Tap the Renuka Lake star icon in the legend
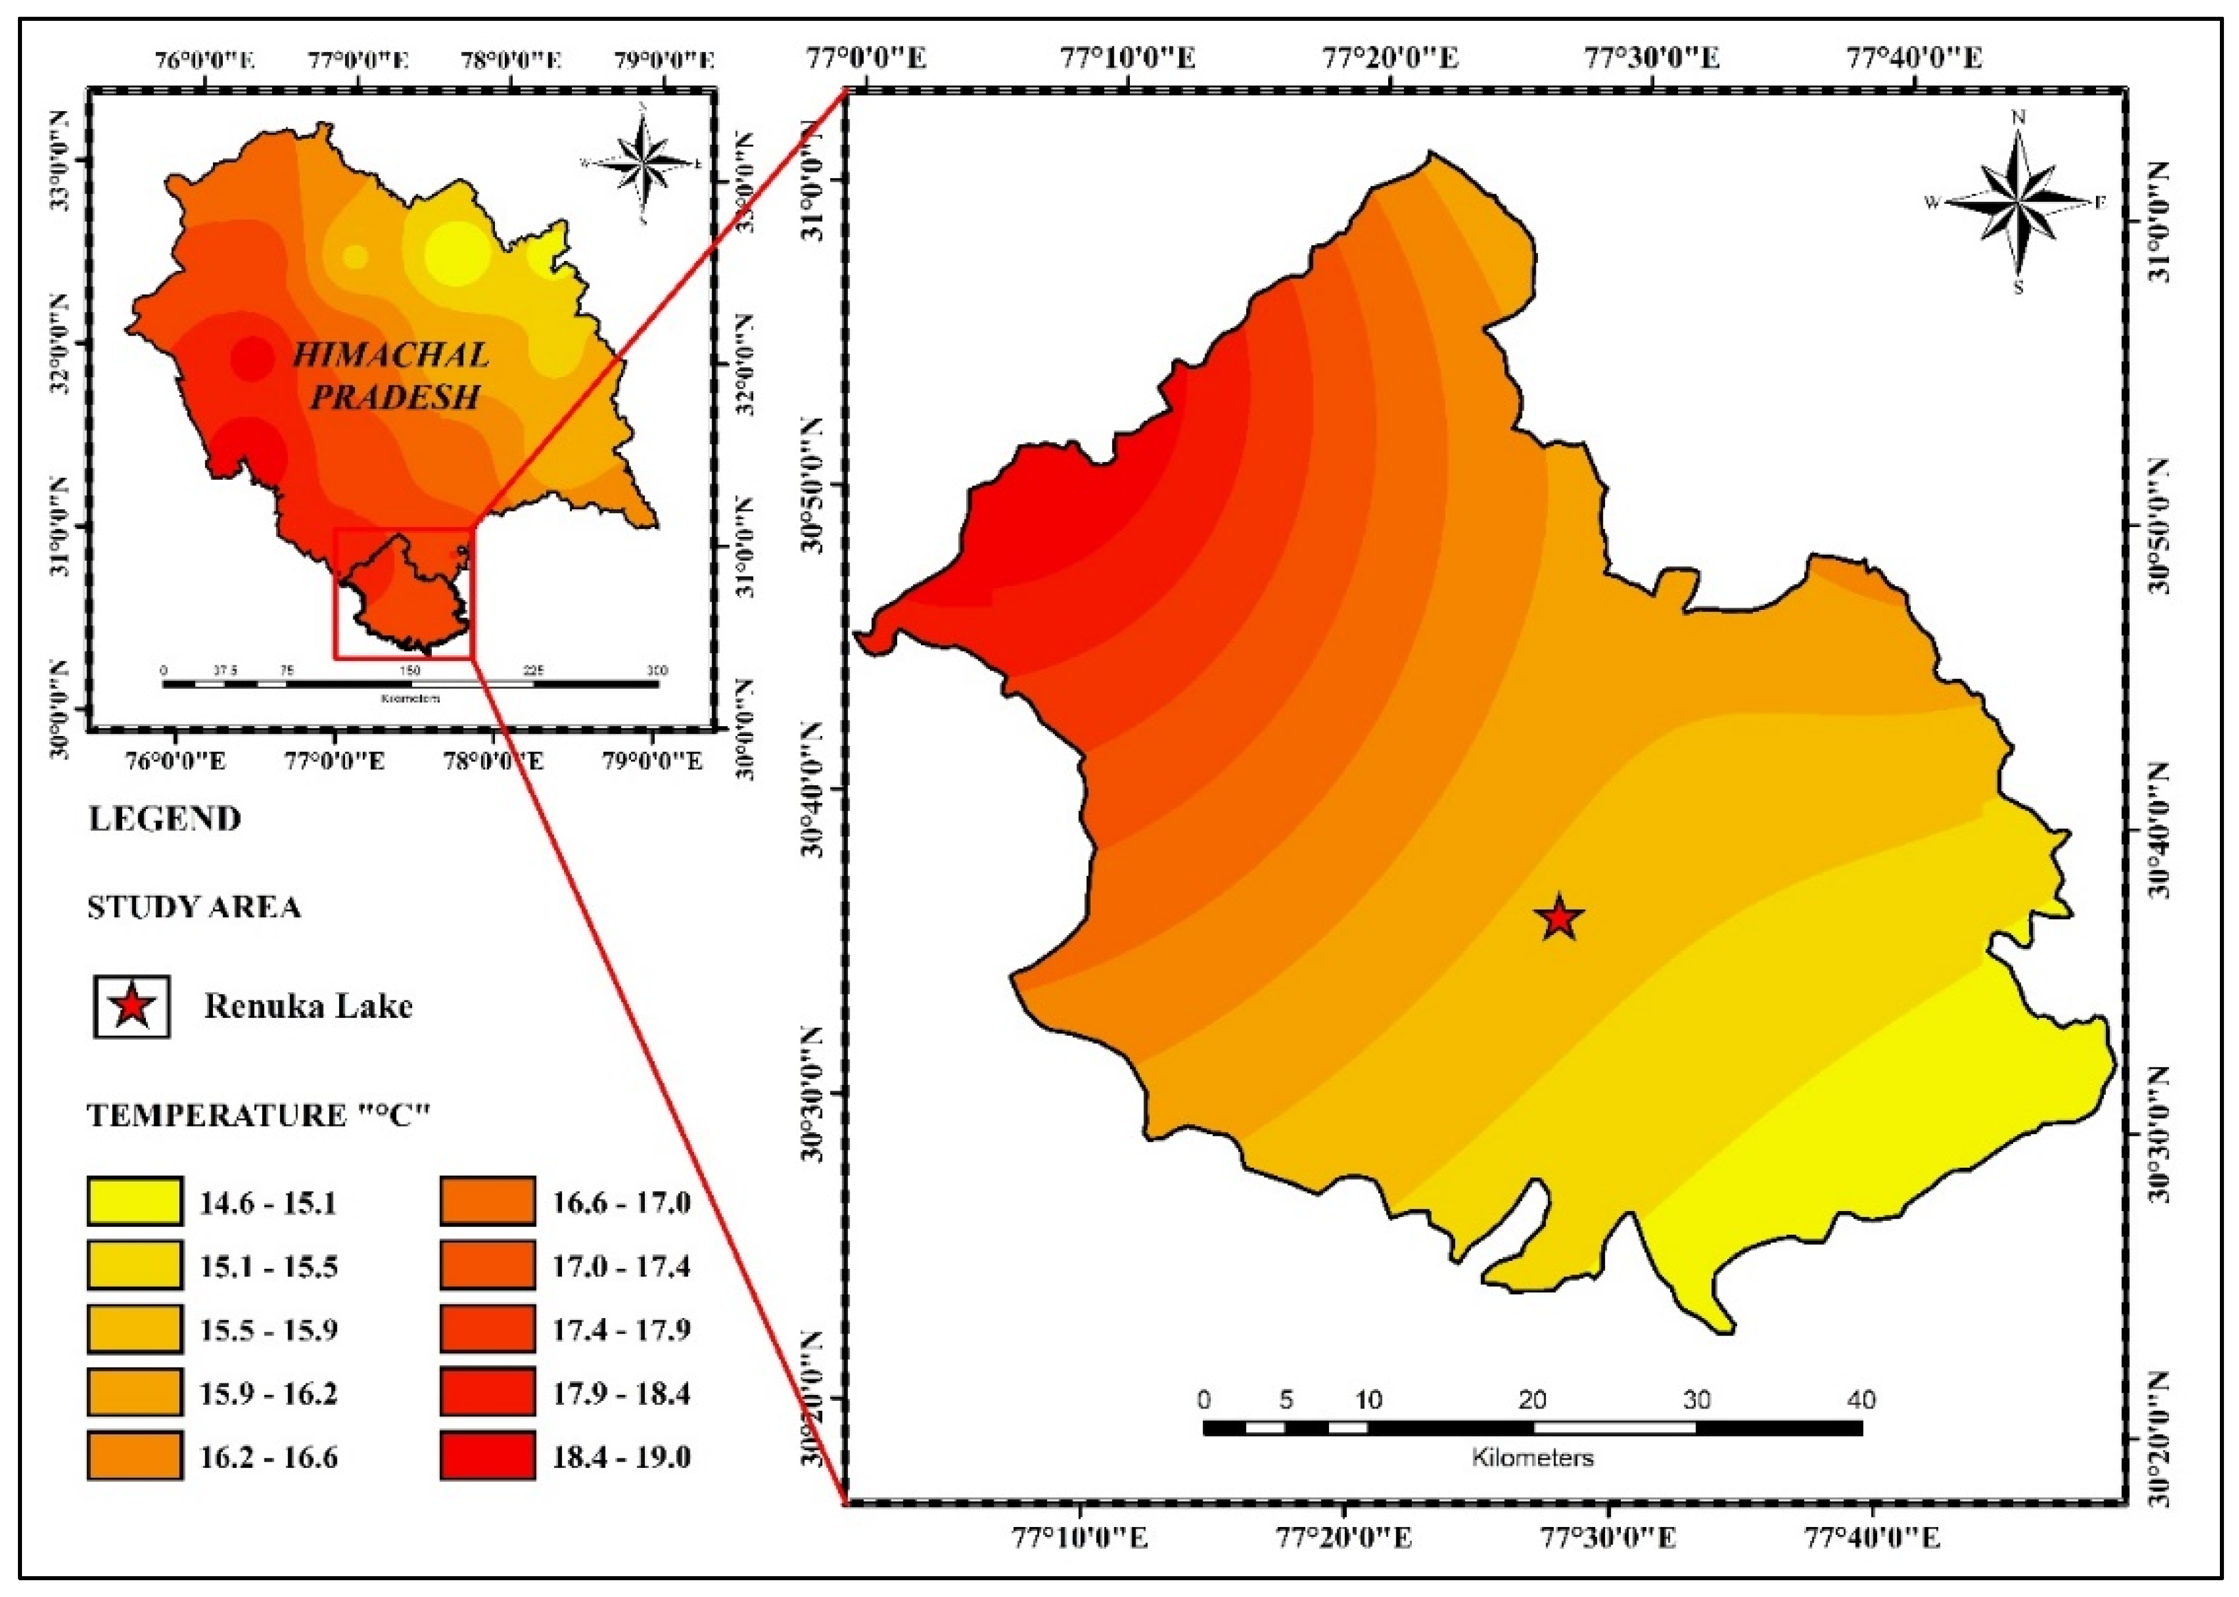(x=132, y=1006)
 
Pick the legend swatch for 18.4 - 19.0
(x=488, y=1456)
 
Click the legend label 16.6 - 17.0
(x=621, y=1202)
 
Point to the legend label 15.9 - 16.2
(x=269, y=1393)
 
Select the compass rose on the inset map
(x=643, y=161)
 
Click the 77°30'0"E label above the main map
(x=1651, y=58)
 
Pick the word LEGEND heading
(x=166, y=819)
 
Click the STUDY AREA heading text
(x=194, y=907)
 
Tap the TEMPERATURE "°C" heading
(x=260, y=1115)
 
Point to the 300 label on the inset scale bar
(x=656, y=671)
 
